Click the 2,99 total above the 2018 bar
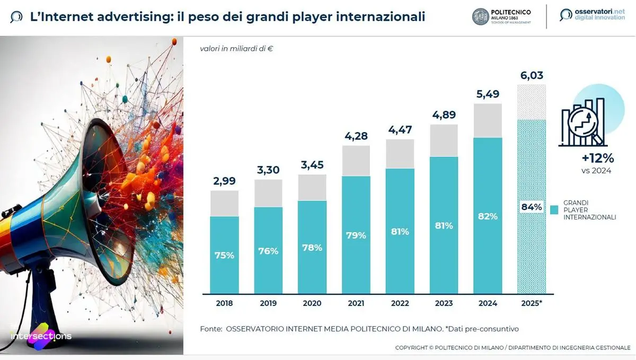[x=224, y=181]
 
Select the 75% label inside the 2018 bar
[x=224, y=255]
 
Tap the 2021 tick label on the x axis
[x=356, y=303]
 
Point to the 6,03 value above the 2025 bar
[x=532, y=76]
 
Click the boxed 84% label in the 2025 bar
[x=532, y=207]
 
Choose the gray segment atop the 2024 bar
[x=488, y=120]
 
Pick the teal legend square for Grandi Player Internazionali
[x=554, y=210]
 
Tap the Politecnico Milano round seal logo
[x=481, y=16]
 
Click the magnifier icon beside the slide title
[x=16, y=17]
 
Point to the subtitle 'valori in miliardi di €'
[x=236, y=49]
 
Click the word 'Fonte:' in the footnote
[x=211, y=329]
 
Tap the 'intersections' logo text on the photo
[x=41, y=336]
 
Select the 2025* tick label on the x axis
[x=532, y=303]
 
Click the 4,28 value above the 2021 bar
[x=356, y=136]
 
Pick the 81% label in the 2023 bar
[x=444, y=225]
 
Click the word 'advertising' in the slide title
[x=116, y=17]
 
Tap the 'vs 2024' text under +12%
[x=596, y=170]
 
